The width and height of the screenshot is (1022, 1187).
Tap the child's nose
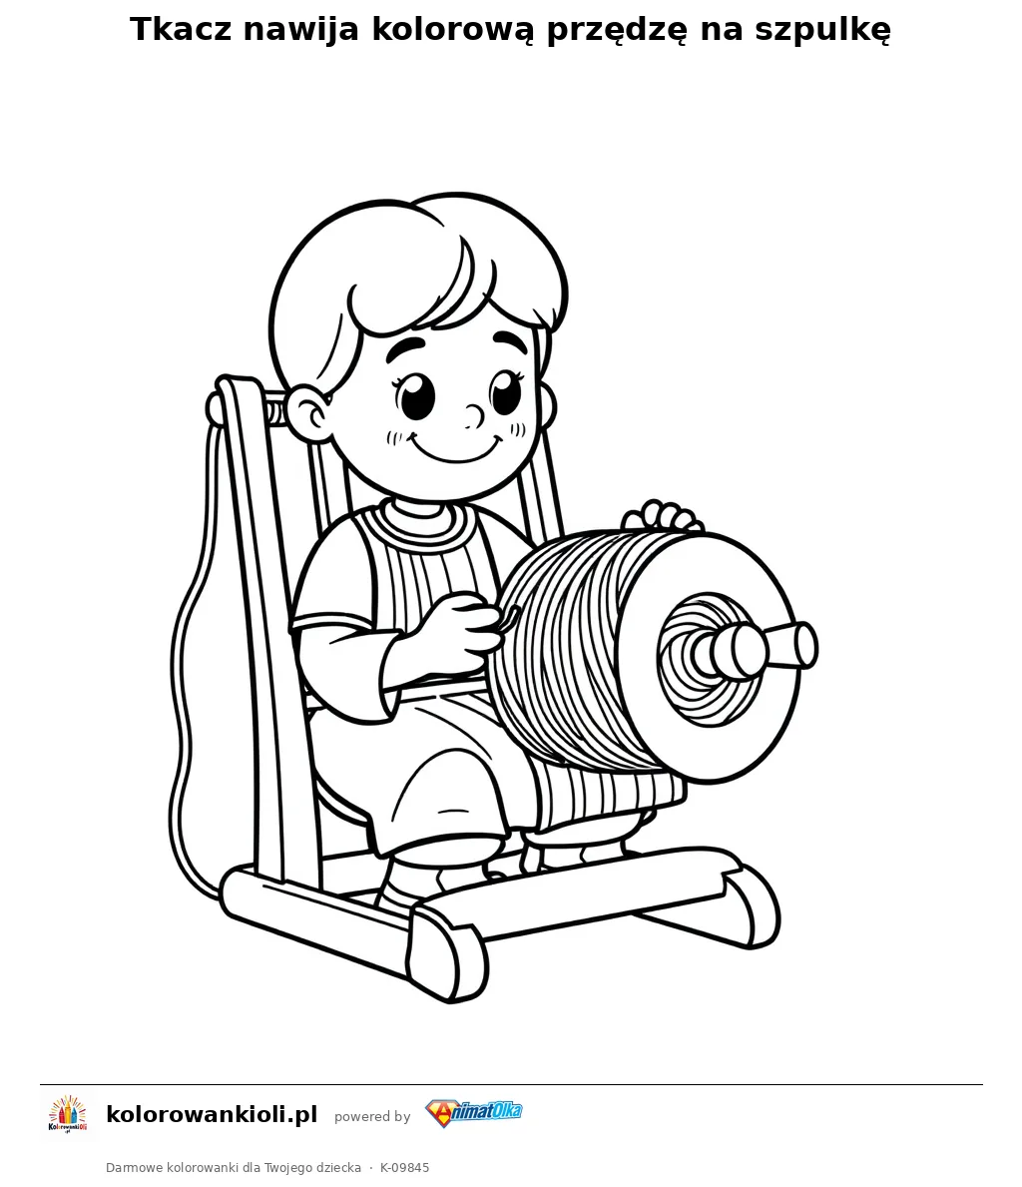point(475,414)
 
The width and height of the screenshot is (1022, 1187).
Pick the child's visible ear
point(307,413)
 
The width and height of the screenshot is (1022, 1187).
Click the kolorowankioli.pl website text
point(212,1114)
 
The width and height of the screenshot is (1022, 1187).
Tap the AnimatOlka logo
point(474,1113)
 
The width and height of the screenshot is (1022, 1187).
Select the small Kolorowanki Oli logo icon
point(68,1115)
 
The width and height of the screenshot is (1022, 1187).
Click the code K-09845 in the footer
point(405,1167)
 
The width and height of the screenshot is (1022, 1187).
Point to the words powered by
point(372,1116)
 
